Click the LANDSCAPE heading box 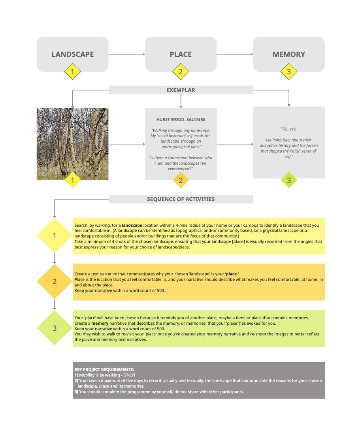(x=72, y=54)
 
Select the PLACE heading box (x=181, y=54)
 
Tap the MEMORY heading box (x=289, y=54)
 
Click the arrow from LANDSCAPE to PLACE (x=126, y=54)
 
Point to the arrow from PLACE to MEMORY (x=235, y=54)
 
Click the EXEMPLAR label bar (x=181, y=90)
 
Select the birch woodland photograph (x=72, y=144)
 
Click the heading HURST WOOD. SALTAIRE (x=181, y=119)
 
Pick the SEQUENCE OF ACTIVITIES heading (x=181, y=199)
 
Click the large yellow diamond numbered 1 (x=55, y=235)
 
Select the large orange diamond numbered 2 (x=55, y=281)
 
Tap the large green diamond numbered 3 (x=55, y=328)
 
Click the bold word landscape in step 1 (x=132, y=225)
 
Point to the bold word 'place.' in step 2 (x=232, y=274)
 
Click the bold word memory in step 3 (x=100, y=324)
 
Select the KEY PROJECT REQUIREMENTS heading (x=104, y=369)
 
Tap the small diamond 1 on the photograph (x=72, y=180)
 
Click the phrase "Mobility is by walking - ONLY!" (x=107, y=375)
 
